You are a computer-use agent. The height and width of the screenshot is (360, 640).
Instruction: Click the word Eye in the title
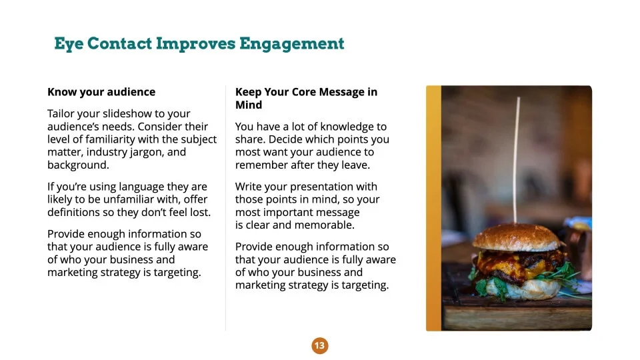(69, 44)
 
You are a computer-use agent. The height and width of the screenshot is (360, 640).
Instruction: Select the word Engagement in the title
(292, 44)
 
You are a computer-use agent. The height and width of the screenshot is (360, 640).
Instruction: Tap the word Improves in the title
(195, 44)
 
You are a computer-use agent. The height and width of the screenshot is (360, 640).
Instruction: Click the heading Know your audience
(101, 92)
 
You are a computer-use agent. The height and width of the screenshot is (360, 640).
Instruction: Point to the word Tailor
(61, 113)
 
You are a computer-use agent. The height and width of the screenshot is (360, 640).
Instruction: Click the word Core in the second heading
(304, 92)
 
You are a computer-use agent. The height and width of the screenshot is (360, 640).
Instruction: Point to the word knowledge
(338, 127)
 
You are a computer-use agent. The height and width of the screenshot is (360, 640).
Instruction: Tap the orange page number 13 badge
(319, 346)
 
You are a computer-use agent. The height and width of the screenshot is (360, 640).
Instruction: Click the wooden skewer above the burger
(516, 160)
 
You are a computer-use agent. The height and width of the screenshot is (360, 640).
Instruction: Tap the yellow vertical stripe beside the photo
(433, 208)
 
